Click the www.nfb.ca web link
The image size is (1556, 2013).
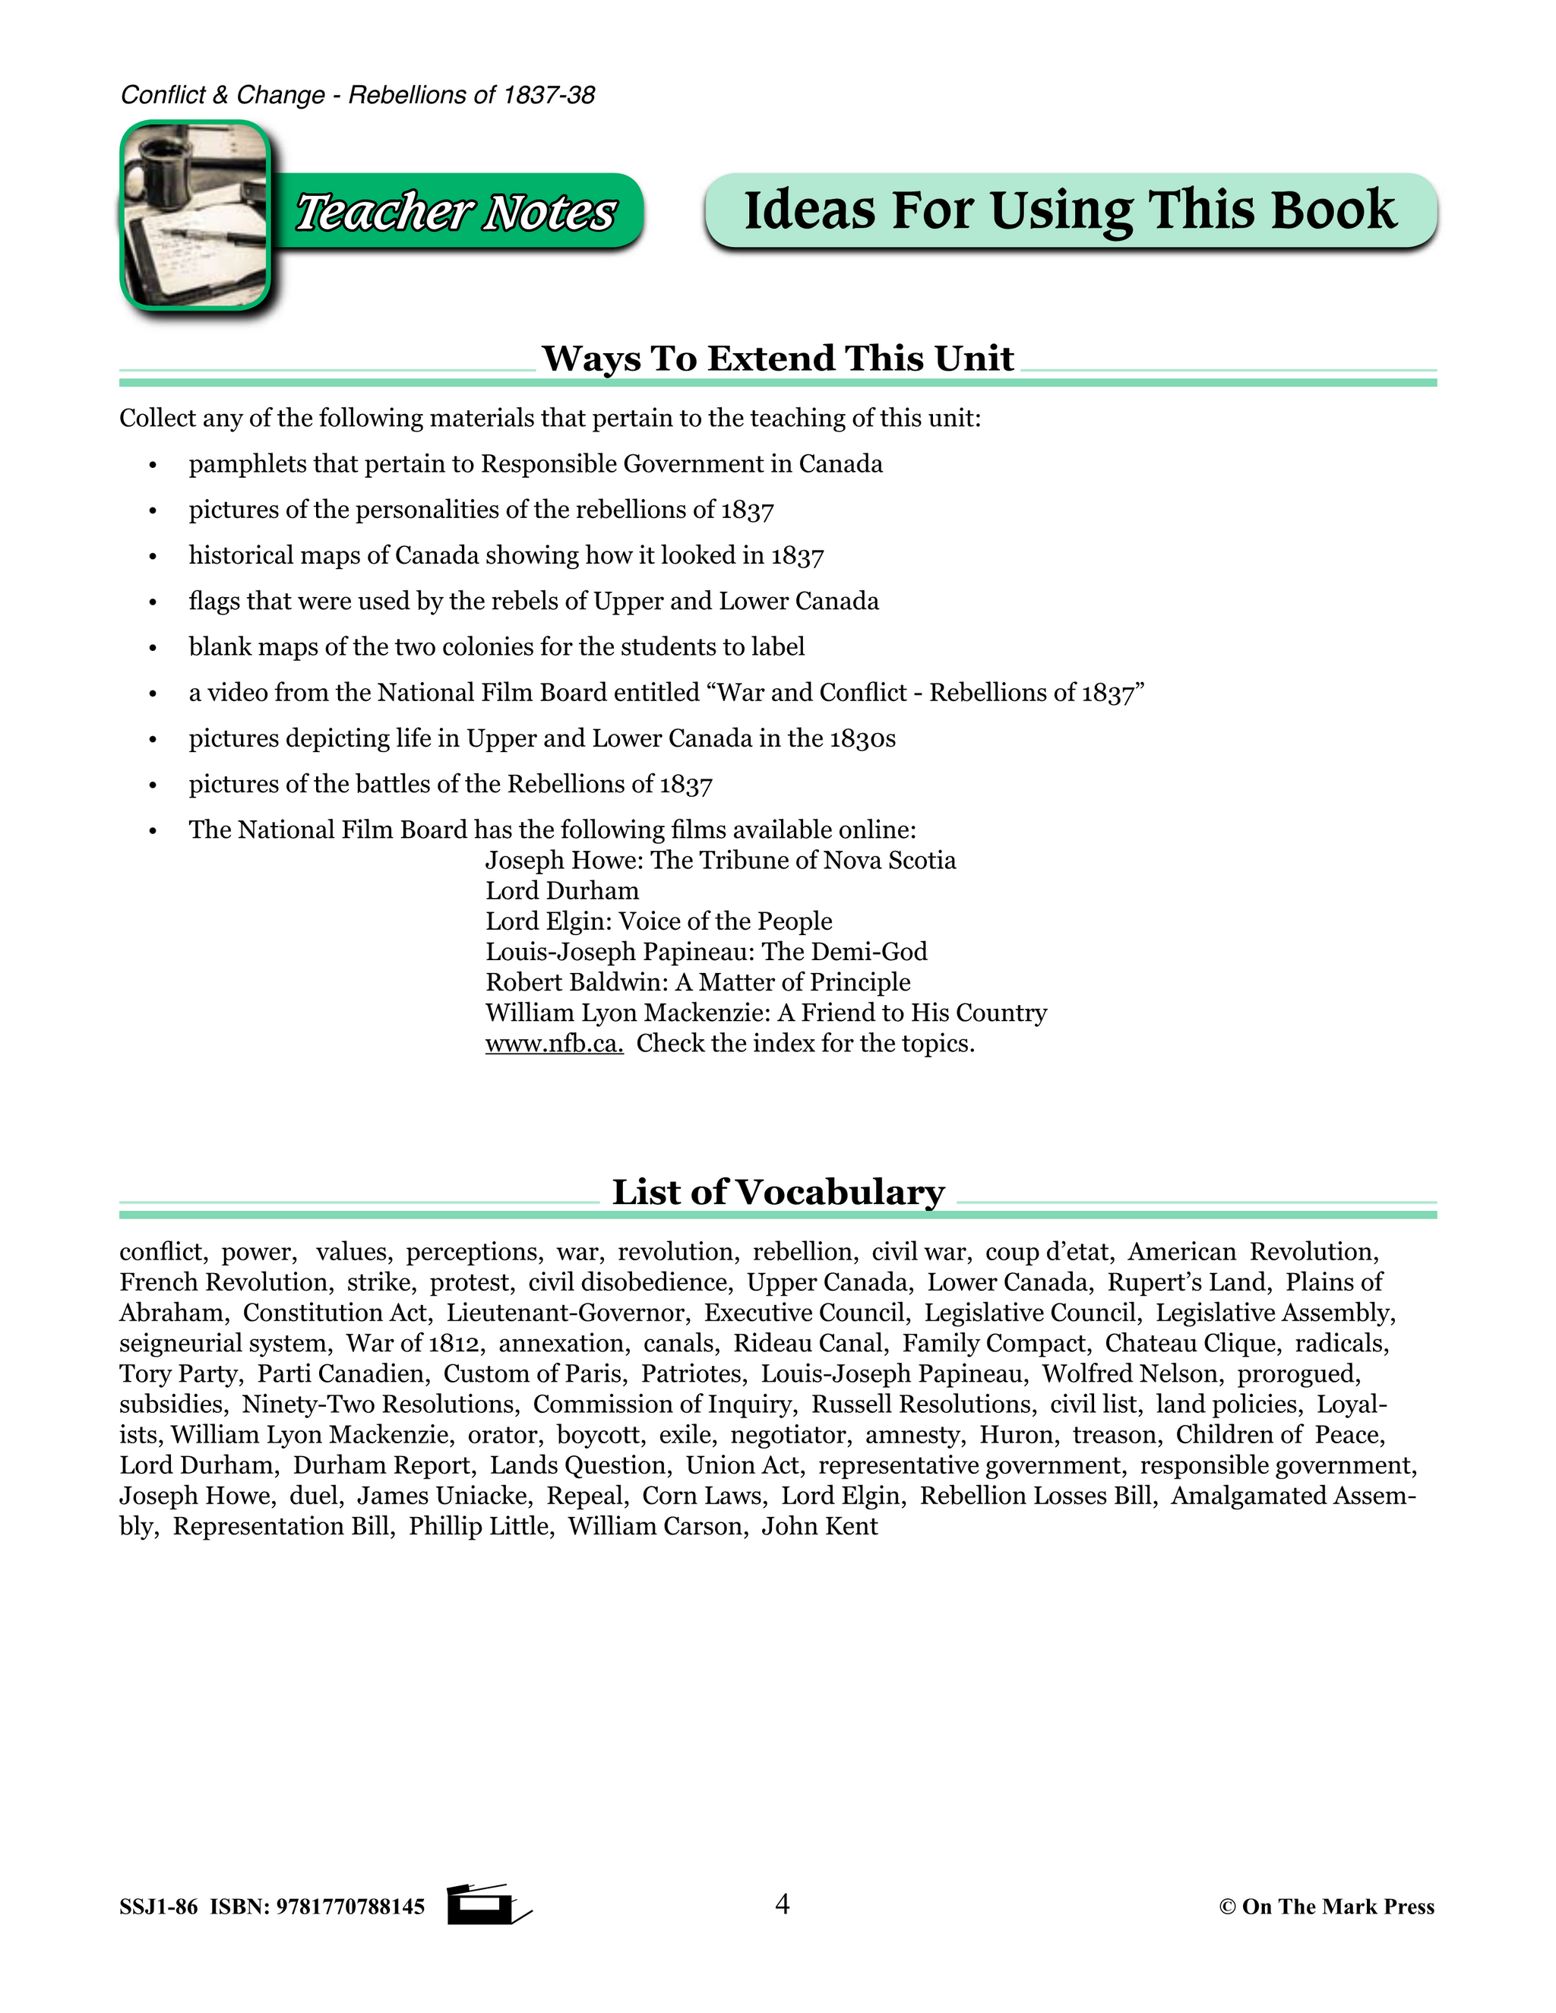[554, 1044]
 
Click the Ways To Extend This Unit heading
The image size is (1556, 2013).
[778, 359]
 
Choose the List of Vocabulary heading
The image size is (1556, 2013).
[778, 1192]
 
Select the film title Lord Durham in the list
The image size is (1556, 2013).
[562, 890]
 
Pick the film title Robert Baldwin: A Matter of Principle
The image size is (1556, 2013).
[697, 981]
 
